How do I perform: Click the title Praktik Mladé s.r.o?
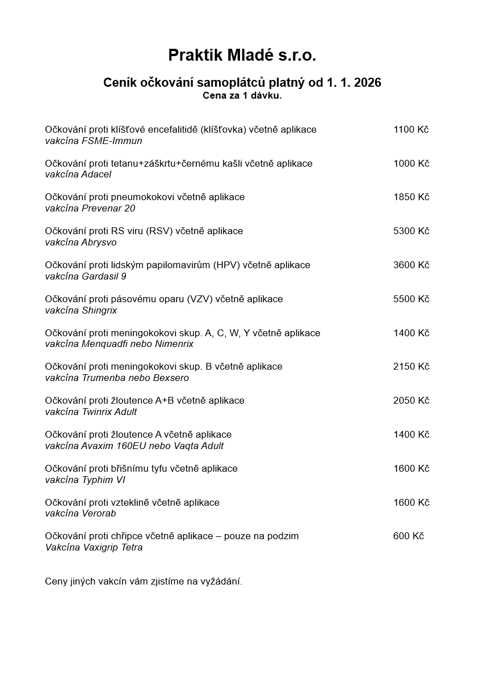[242, 56]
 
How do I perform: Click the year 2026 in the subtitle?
[367, 83]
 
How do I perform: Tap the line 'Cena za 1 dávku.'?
[242, 96]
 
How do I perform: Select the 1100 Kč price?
[411, 129]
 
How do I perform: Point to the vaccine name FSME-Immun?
[112, 141]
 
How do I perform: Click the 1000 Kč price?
[411, 163]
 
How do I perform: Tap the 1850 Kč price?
[411, 197]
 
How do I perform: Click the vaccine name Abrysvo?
[99, 243]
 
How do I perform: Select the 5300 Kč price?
[411, 231]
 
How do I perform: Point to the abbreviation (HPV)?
[227, 265]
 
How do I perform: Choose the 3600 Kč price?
[411, 265]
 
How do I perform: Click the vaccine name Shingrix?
[99, 311]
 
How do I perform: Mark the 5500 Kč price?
[411, 299]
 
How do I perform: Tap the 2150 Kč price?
[411, 367]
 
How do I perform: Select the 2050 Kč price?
[411, 401]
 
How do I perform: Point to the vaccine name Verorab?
[99, 514]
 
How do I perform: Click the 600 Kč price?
[409, 536]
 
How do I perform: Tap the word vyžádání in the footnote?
[220, 582]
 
